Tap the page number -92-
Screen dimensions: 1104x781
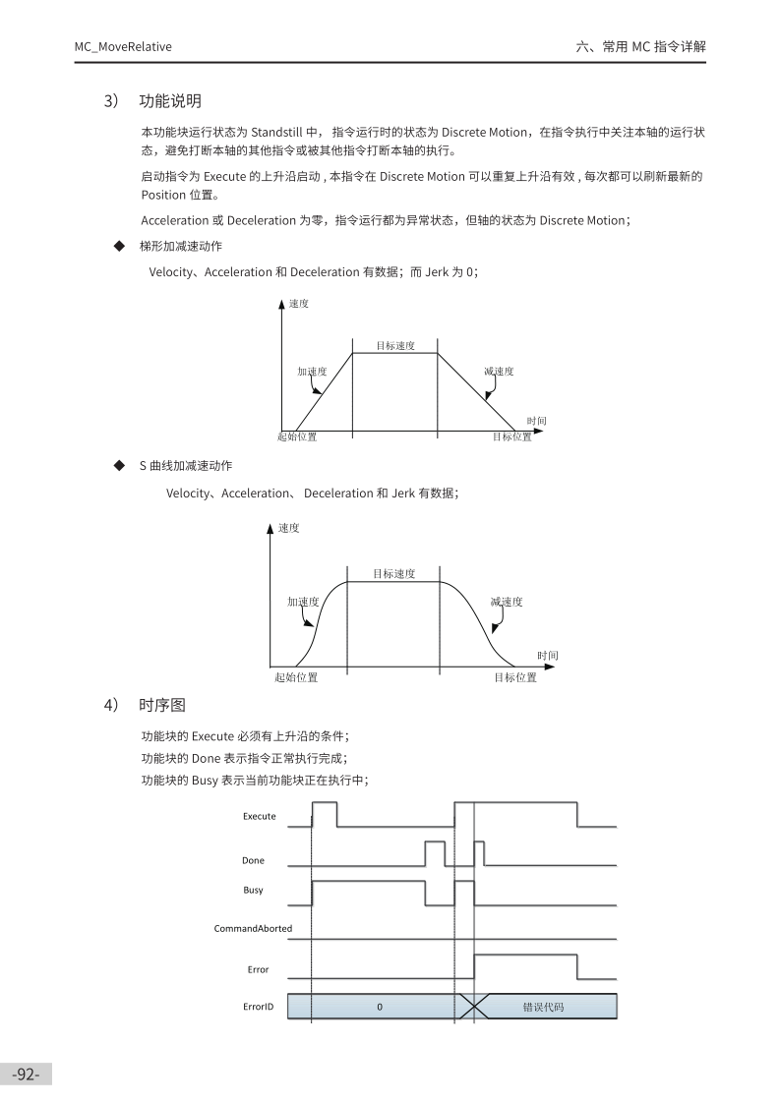click(26, 1075)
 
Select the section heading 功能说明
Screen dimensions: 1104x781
click(170, 100)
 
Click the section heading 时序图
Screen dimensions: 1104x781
click(162, 705)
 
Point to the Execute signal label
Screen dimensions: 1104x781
click(260, 816)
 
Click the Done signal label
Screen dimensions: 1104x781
click(253, 860)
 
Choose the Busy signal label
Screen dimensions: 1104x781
click(253, 890)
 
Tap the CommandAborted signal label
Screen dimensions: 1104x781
click(253, 928)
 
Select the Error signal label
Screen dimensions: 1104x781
click(258, 969)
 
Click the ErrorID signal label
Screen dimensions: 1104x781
click(258, 1007)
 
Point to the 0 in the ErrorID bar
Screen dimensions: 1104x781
click(380, 1007)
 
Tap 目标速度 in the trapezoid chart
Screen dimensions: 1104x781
click(395, 346)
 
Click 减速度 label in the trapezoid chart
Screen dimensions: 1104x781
click(499, 372)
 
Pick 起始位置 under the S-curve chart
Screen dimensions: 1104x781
click(296, 677)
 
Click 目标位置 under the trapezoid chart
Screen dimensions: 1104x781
click(511, 436)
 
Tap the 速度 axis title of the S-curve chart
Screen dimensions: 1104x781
click(289, 528)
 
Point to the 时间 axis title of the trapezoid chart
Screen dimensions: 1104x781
click(536, 421)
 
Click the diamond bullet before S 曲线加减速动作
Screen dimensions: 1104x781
click(120, 465)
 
